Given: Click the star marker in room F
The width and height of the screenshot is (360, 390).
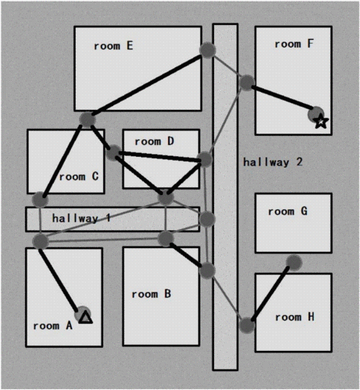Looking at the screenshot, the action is tap(321, 122).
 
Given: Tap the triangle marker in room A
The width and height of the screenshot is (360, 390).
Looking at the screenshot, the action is tap(86, 318).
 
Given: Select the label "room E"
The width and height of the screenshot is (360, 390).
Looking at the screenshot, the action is tap(113, 46).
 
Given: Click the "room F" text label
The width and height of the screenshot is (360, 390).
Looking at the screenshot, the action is tap(294, 44).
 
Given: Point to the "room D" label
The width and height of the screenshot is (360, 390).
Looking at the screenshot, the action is tap(155, 141).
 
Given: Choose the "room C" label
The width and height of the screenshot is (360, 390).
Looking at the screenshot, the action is tap(79, 177).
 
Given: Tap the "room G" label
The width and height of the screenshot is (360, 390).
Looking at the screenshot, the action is tap(288, 211).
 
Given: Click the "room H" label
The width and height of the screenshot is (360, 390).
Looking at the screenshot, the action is tap(295, 317).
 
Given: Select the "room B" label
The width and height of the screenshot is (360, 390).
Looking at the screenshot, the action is tap(151, 294).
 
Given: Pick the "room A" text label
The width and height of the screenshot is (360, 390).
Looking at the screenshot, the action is tap(52, 325).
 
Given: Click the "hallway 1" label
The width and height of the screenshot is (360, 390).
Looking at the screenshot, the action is tap(81, 218).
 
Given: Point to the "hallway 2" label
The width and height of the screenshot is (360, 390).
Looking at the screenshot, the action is tap(273, 162).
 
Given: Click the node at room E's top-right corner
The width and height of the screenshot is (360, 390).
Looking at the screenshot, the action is tap(208, 50).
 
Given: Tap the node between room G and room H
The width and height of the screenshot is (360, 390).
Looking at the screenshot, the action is tap(294, 263).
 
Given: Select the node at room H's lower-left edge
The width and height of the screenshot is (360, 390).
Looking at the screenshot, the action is tap(247, 325).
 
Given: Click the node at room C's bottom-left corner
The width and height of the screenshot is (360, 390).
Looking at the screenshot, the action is tap(40, 200).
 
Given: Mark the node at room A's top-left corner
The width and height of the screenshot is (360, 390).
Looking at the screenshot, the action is tap(41, 241).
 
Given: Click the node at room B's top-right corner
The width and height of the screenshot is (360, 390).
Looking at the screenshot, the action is tap(207, 271).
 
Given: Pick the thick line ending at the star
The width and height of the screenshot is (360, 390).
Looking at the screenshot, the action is tap(283, 97).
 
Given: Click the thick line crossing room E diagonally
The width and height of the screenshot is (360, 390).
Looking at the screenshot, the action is tap(146, 85).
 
